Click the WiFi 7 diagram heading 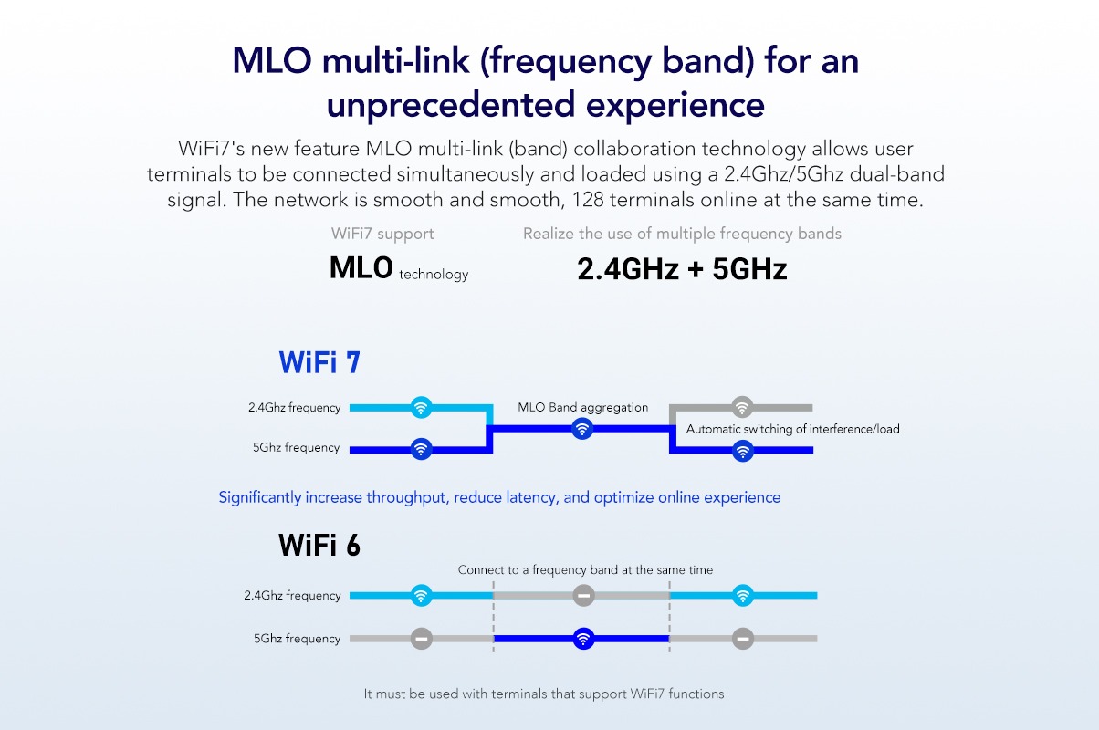click(319, 362)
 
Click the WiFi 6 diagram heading click(319, 546)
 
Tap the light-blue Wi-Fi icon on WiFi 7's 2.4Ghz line click(420, 407)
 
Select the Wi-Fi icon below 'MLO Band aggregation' click(581, 429)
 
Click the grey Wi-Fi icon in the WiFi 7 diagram click(742, 407)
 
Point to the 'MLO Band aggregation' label click(582, 407)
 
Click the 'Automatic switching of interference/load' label click(792, 429)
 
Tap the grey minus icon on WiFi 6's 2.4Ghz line click(583, 596)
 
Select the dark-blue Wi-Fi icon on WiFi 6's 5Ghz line click(583, 639)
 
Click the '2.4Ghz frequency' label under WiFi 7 click(294, 408)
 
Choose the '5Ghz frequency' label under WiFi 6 click(297, 639)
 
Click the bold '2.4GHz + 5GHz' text click(682, 269)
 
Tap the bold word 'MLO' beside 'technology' click(361, 268)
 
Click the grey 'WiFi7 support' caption click(382, 234)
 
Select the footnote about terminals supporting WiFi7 click(543, 693)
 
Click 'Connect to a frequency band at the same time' click(585, 569)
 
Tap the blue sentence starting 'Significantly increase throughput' click(499, 497)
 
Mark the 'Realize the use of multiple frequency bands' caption click(682, 234)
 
